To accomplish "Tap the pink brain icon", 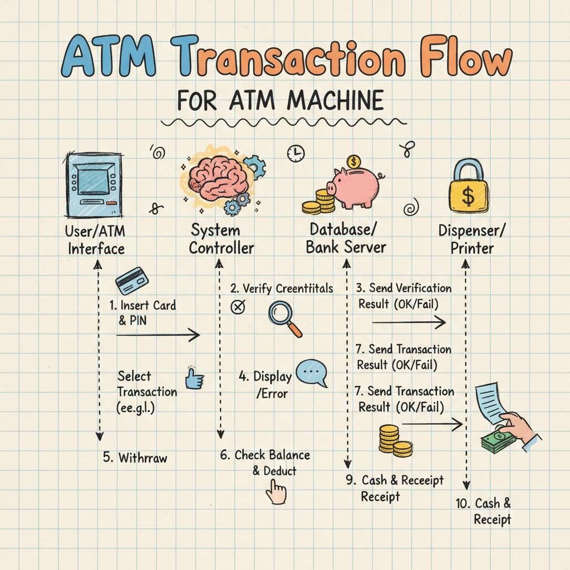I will tap(215, 179).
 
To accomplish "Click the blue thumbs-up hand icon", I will tap(194, 379).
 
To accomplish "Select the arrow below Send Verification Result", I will tap(409, 322).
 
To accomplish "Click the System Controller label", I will tap(221, 239).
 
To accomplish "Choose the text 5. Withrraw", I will tap(135, 458).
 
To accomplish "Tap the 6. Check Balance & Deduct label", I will tap(265, 463).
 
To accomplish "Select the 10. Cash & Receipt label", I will tap(484, 511).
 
